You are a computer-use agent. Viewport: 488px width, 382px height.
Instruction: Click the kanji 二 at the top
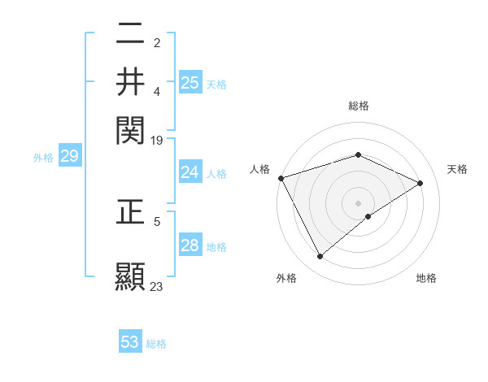coord(130,35)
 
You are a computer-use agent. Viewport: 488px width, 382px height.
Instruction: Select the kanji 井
coord(130,81)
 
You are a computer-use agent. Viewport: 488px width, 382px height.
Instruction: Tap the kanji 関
coord(130,128)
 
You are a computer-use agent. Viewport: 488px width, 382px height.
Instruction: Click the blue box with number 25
coord(190,82)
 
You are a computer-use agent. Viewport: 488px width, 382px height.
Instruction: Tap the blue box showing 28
coord(190,245)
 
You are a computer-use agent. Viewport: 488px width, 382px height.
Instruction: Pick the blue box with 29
coord(69,157)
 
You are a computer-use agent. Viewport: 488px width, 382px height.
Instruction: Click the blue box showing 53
coord(130,342)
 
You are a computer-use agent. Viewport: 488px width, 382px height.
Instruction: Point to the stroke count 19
coord(157,141)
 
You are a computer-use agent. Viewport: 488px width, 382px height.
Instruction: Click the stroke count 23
coord(157,286)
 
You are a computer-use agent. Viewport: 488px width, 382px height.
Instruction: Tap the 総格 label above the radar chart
coord(358,106)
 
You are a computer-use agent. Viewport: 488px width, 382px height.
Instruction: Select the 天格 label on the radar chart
coord(457,169)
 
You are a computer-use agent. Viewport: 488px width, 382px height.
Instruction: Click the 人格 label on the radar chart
coord(259,169)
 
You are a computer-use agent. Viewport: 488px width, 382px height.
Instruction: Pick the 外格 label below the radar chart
coord(286,279)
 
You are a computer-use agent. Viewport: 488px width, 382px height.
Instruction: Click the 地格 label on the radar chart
coord(426,279)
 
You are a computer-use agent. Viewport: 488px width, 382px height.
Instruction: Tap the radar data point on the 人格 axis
coord(281,178)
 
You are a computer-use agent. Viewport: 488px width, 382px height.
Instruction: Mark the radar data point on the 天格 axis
coord(420,184)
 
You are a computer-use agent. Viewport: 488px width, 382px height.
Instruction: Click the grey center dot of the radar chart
coord(358,203)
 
